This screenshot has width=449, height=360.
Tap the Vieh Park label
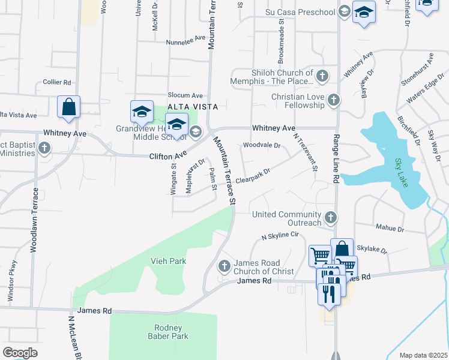168,261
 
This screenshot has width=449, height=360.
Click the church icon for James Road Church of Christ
224,266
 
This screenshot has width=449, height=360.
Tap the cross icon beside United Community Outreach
330,217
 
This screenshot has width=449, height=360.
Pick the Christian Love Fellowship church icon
334,100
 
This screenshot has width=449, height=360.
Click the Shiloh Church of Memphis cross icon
322,76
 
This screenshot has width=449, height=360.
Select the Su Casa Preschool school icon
344,11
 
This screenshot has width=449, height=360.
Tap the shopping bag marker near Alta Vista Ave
69,107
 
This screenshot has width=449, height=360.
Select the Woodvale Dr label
262,145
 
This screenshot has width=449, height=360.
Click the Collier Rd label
57,82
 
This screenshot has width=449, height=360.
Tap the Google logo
20,353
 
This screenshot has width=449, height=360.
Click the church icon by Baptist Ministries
43,148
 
